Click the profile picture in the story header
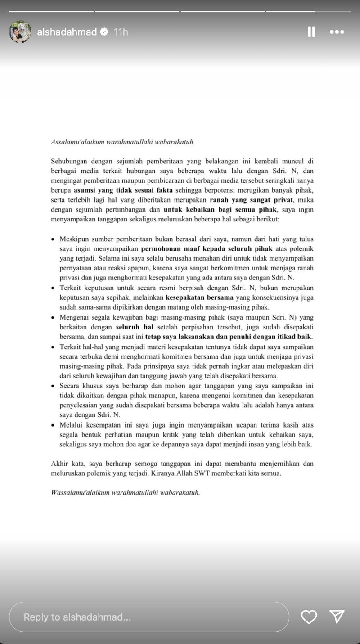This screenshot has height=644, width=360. (20, 32)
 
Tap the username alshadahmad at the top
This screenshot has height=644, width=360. (67, 32)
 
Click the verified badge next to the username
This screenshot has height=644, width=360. (104, 32)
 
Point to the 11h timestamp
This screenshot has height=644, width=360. (121, 32)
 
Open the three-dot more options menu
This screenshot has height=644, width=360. (337, 32)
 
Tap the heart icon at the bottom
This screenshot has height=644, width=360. (309, 617)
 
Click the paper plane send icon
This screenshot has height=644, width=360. (337, 617)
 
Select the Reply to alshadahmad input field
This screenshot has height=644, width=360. (148, 617)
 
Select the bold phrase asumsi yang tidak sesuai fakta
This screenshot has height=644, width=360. (123, 190)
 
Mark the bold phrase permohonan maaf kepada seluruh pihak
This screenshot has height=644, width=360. (207, 248)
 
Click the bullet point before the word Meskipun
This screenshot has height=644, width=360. (53, 239)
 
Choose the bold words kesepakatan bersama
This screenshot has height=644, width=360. (200, 297)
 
